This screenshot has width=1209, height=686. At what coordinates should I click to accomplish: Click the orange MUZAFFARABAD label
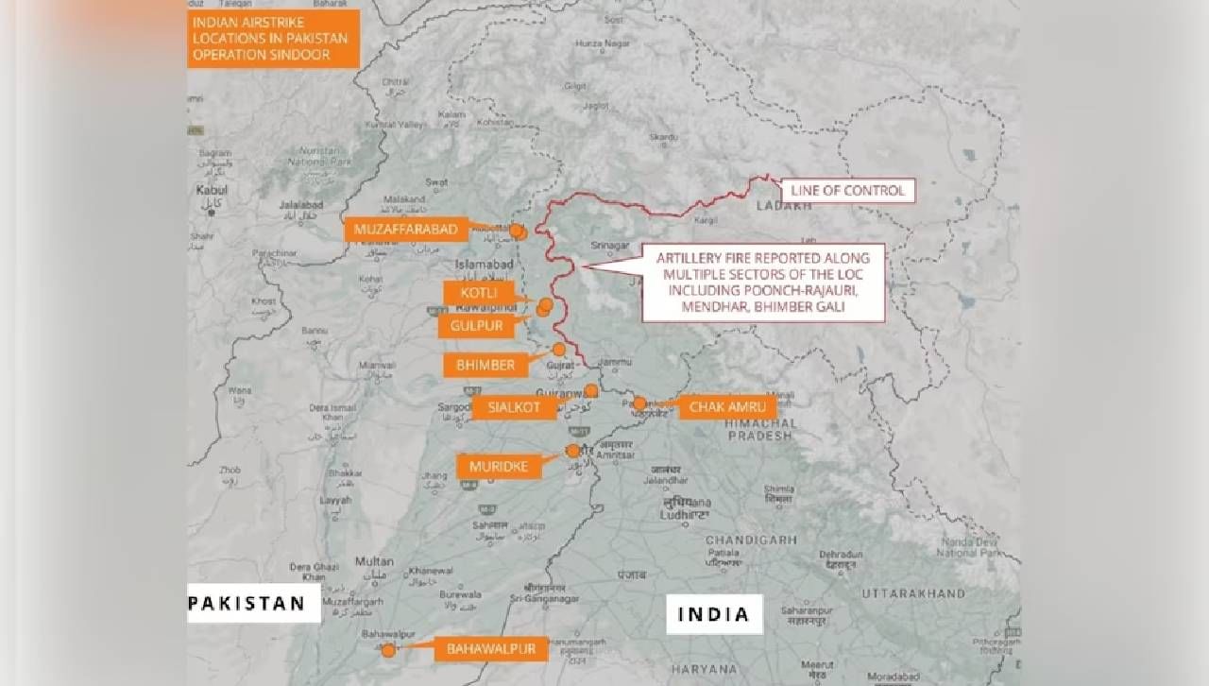(x=406, y=230)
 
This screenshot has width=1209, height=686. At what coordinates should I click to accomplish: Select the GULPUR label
(x=476, y=325)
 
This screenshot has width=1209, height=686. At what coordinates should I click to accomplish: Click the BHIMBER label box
(x=485, y=365)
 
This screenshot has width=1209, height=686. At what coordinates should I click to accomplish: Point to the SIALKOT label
(x=514, y=407)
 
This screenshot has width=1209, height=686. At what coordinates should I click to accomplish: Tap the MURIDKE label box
(x=499, y=466)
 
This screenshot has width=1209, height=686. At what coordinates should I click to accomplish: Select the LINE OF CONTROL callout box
(x=847, y=191)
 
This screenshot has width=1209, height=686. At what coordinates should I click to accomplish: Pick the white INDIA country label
(x=714, y=614)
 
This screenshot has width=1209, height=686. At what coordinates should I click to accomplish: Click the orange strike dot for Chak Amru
(x=639, y=403)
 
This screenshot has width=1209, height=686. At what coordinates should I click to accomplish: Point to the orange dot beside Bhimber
(x=559, y=350)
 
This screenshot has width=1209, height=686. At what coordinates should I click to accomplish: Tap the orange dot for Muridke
(x=572, y=451)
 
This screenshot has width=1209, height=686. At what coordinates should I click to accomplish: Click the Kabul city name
(x=206, y=190)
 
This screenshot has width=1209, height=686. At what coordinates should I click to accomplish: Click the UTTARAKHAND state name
(x=913, y=593)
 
